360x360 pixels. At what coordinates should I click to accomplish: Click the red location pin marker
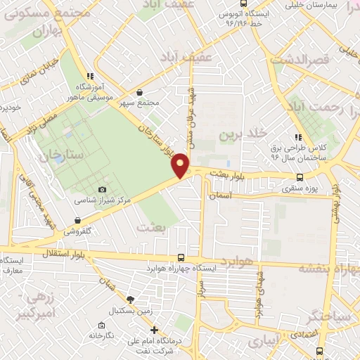click(x=181, y=165)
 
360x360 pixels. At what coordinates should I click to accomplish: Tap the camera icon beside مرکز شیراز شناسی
click(x=103, y=189)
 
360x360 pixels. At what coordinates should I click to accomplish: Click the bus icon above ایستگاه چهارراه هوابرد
click(x=181, y=257)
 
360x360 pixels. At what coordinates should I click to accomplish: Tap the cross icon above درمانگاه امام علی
click(x=154, y=330)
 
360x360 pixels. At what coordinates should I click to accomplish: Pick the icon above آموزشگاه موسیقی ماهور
click(x=89, y=76)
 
